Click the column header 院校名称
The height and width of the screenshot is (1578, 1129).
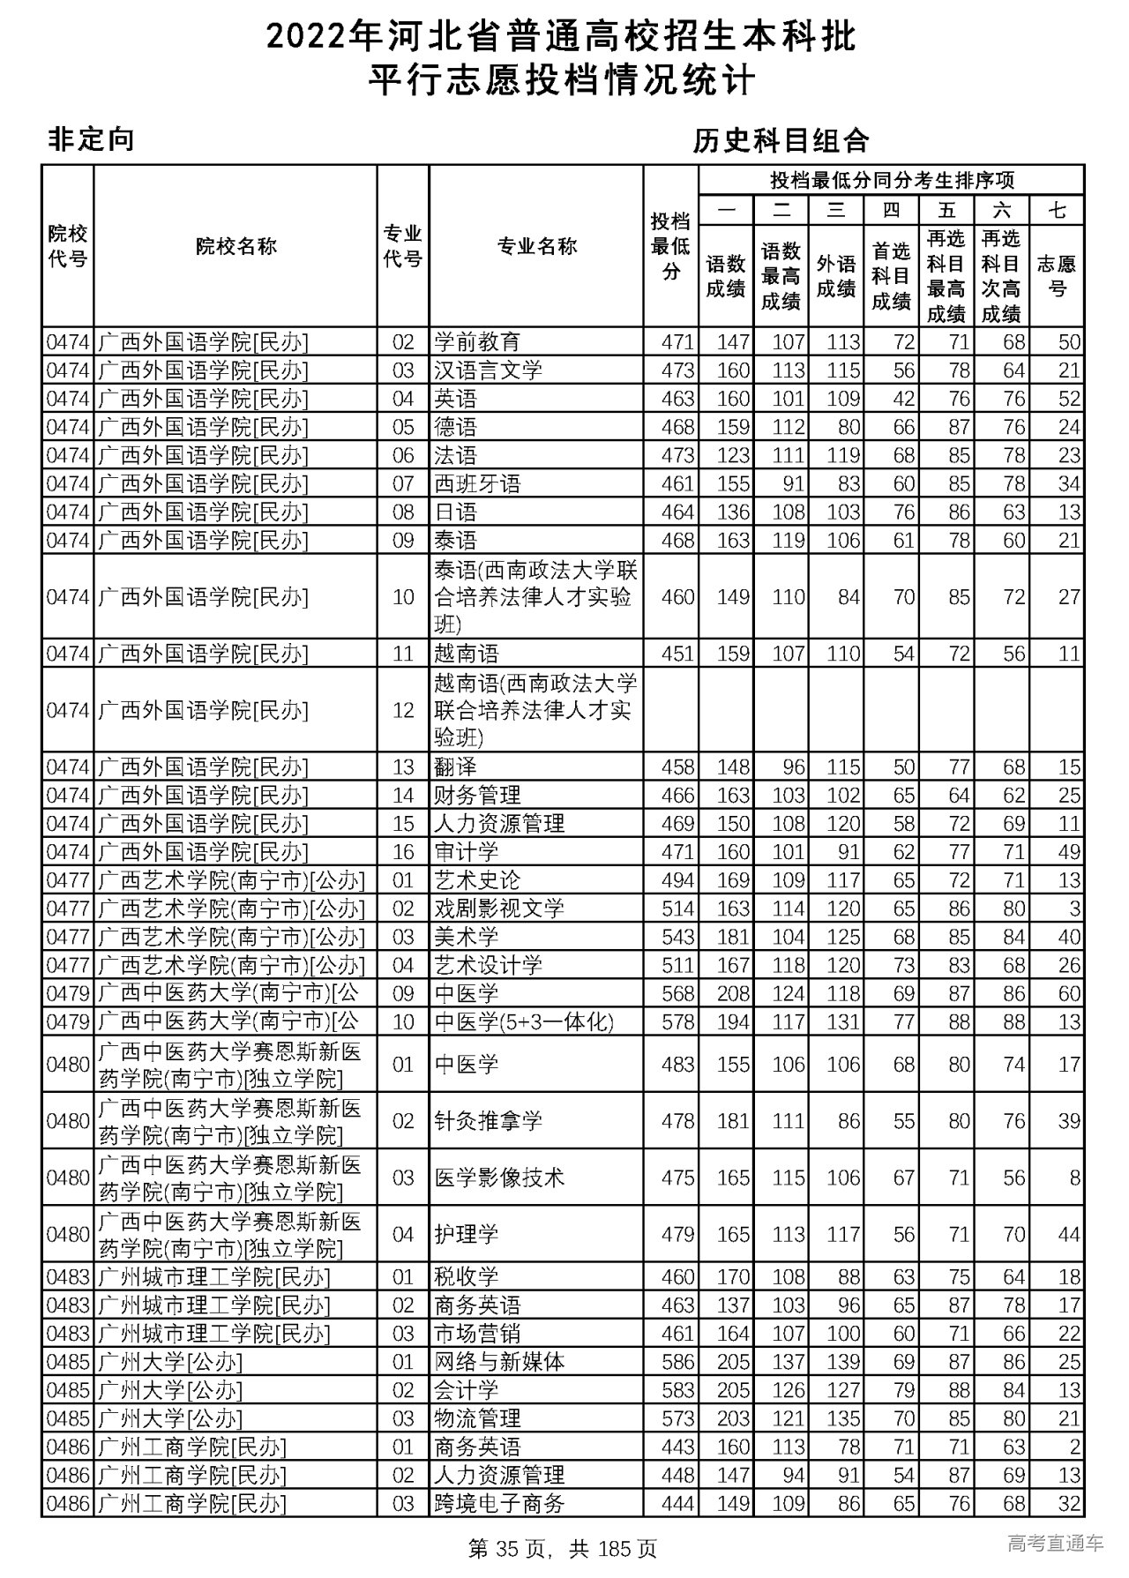click(236, 246)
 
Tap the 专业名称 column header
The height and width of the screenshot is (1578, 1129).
click(536, 246)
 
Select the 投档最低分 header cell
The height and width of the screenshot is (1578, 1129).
click(670, 246)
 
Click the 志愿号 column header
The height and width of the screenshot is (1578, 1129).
click(1057, 276)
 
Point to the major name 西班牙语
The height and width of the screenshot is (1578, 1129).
click(477, 483)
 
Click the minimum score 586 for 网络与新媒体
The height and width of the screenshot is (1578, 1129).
click(677, 1362)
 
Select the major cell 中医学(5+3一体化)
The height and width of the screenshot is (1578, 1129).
click(524, 1022)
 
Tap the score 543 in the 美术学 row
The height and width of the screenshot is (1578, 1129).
click(677, 937)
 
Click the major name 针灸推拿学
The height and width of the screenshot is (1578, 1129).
click(488, 1121)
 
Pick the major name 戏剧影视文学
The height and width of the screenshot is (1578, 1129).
click(499, 909)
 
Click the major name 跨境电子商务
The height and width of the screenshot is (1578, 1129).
click(499, 1503)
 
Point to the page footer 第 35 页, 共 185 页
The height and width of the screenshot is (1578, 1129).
click(563, 1548)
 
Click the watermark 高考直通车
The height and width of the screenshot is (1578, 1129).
click(1055, 1544)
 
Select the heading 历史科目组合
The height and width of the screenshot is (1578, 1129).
click(781, 141)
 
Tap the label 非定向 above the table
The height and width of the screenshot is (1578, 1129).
click(90, 139)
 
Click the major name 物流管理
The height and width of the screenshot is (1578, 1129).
click(477, 1418)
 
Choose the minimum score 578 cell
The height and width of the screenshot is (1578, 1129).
click(677, 1022)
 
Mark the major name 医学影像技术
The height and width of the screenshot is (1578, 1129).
click(499, 1178)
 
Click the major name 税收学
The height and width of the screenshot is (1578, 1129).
click(467, 1276)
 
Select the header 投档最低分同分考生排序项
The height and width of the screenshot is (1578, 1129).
click(892, 180)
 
